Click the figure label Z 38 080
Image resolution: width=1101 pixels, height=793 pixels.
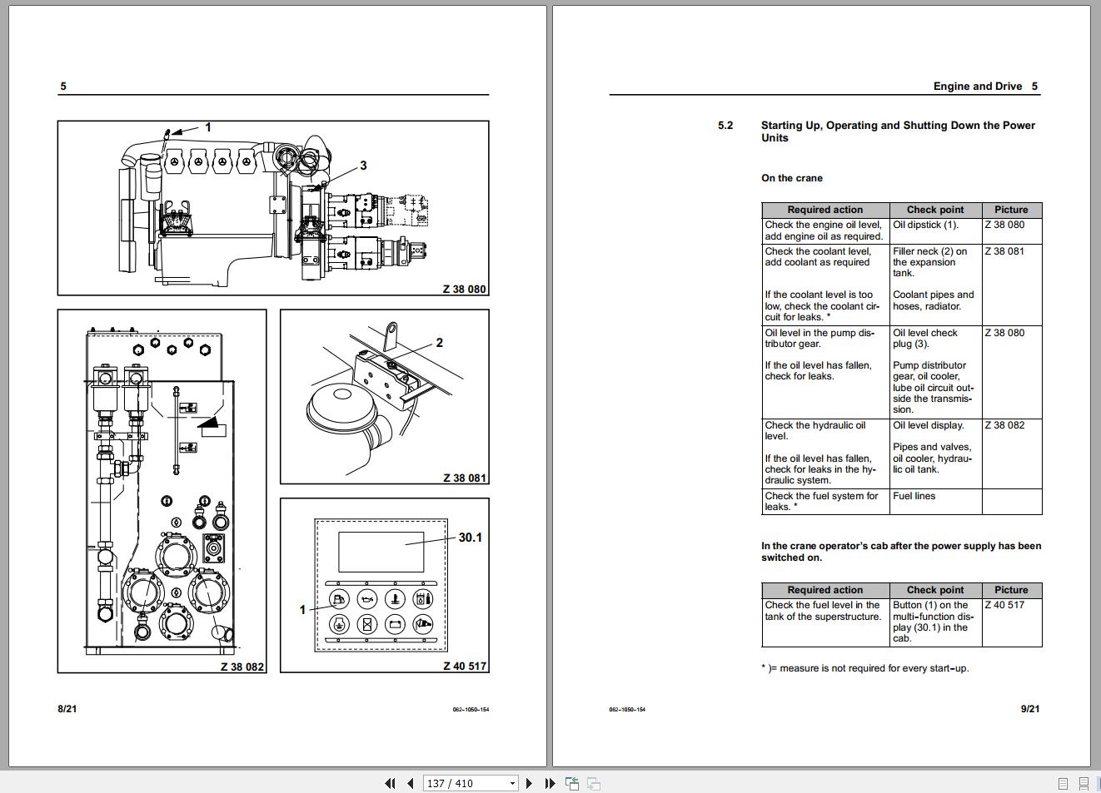click(464, 289)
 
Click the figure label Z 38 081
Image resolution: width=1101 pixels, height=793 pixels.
click(464, 478)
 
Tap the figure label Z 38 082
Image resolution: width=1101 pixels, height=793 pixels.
click(242, 667)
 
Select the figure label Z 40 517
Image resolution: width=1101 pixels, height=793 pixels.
click(464, 666)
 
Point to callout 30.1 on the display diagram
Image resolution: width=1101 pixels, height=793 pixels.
click(470, 538)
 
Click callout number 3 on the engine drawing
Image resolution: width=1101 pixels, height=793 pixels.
click(363, 166)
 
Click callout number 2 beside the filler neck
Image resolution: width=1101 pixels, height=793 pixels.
click(439, 343)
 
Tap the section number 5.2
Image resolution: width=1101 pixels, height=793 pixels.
click(725, 126)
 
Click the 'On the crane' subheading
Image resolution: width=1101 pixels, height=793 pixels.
click(791, 178)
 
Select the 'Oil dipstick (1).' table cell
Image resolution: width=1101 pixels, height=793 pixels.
click(925, 225)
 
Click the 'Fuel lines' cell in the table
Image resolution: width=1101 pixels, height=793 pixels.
click(914, 496)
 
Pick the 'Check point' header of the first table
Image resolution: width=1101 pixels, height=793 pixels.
click(934, 210)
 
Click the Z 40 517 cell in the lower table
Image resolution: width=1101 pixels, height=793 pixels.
click(1004, 605)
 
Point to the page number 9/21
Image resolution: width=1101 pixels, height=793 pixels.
click(1029, 709)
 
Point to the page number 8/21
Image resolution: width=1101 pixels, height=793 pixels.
click(67, 709)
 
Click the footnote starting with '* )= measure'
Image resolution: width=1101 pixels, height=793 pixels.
click(864, 668)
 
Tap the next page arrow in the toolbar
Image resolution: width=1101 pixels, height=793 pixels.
click(529, 783)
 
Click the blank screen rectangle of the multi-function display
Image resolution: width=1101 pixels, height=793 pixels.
click(381, 551)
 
